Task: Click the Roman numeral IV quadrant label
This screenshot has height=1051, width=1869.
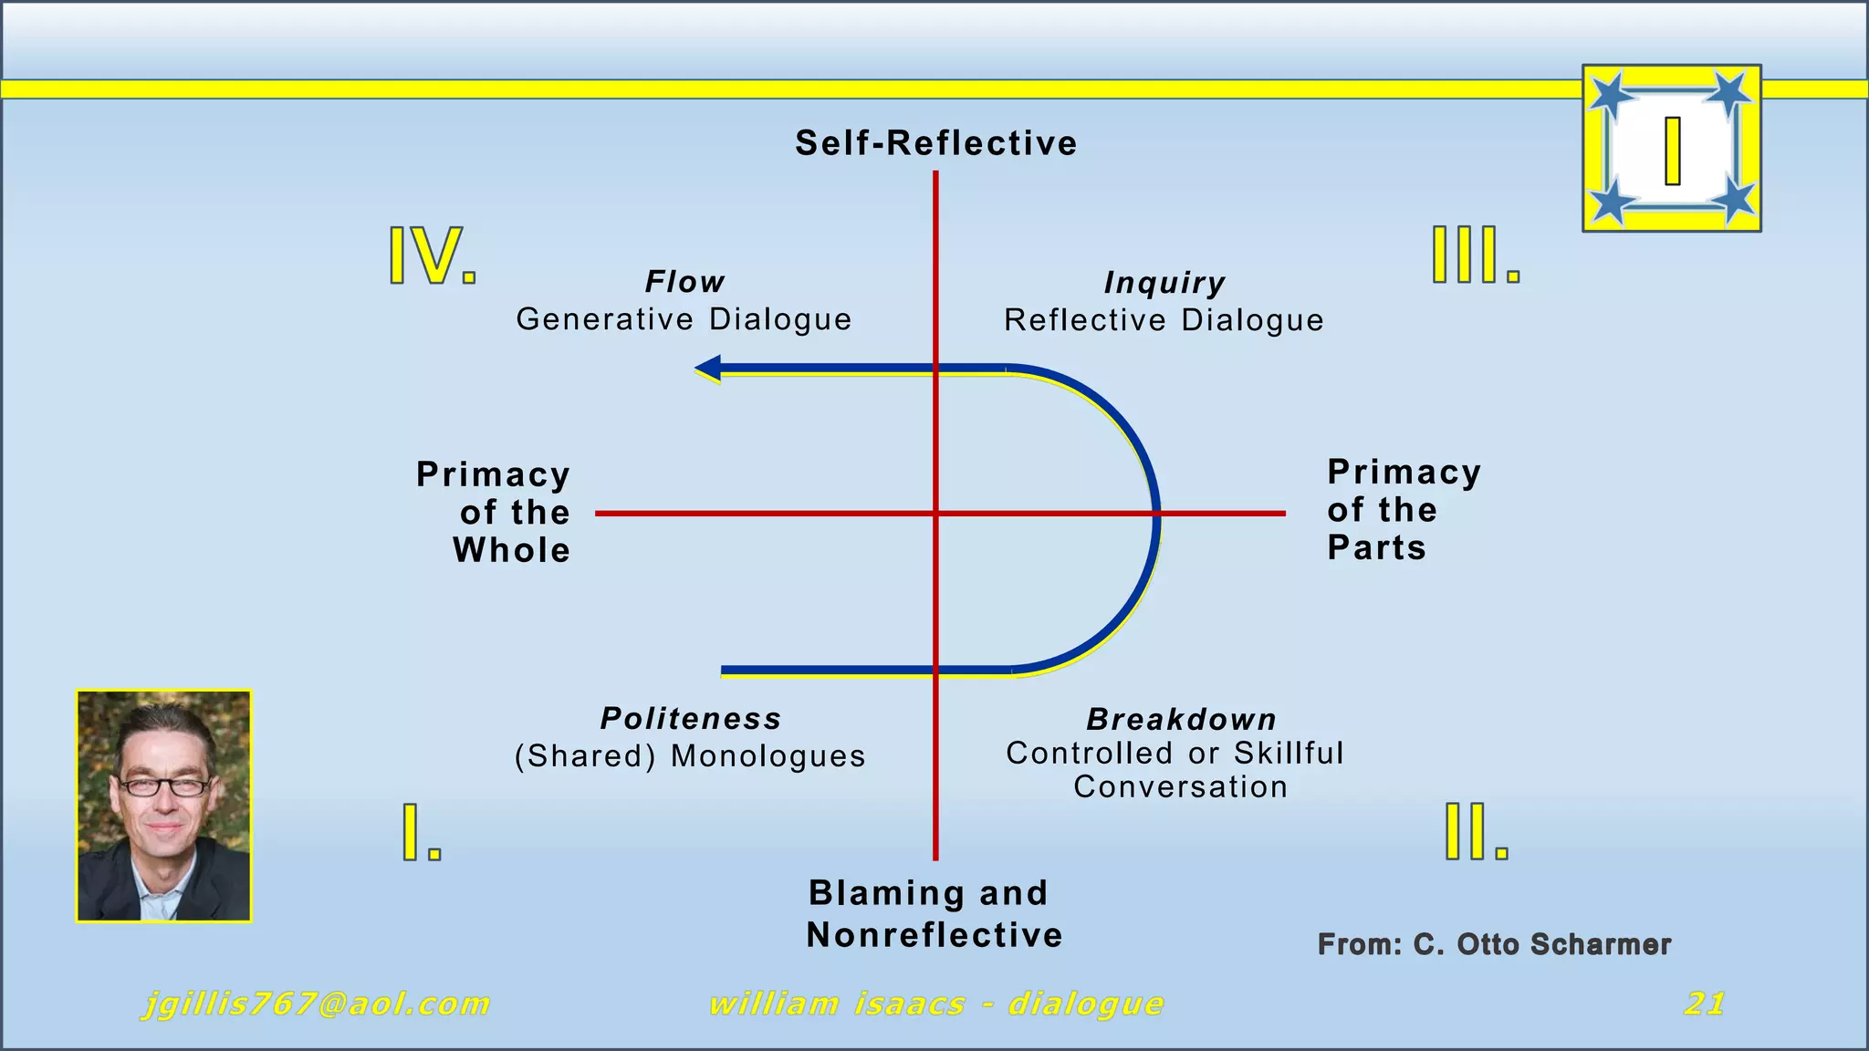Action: [432, 255]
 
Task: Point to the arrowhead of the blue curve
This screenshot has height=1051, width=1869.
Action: [708, 369]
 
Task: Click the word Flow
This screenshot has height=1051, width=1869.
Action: [684, 282]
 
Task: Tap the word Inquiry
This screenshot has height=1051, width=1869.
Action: [1164, 284]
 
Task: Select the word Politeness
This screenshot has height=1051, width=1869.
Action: [691, 719]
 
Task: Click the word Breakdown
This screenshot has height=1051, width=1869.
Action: [1181, 720]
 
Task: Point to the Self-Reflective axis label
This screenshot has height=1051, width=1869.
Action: [935, 143]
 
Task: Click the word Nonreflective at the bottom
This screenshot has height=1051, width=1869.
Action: [934, 935]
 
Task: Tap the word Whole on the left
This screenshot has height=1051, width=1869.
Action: [511, 550]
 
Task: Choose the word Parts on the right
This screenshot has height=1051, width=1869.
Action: [1376, 547]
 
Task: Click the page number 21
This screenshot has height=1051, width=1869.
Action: [1704, 1004]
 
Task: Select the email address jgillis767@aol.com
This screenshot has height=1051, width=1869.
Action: [316, 1004]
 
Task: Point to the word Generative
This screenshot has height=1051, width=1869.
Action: [605, 319]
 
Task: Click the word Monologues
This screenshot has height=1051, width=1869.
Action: [767, 756]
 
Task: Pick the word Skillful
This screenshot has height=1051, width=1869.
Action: [1289, 754]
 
